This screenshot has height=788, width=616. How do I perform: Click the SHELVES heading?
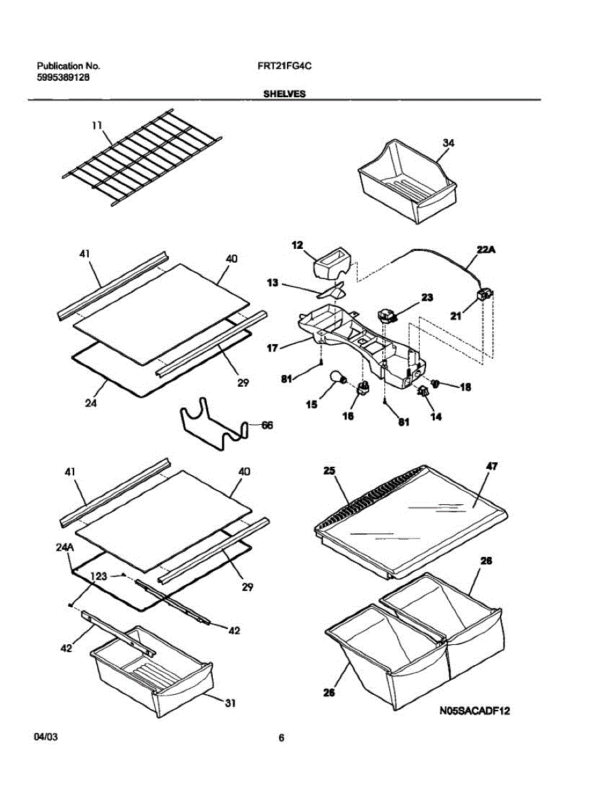pos(284,94)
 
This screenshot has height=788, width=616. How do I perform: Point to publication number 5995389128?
pos(63,77)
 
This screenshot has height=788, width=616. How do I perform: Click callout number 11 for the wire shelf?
pos(97,125)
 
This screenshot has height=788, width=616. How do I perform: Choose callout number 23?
pos(427,297)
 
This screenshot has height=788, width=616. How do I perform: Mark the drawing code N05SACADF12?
pos(475,711)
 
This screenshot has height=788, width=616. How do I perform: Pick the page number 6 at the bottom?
pos(281,738)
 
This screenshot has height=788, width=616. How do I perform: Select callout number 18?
pos(465,387)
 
